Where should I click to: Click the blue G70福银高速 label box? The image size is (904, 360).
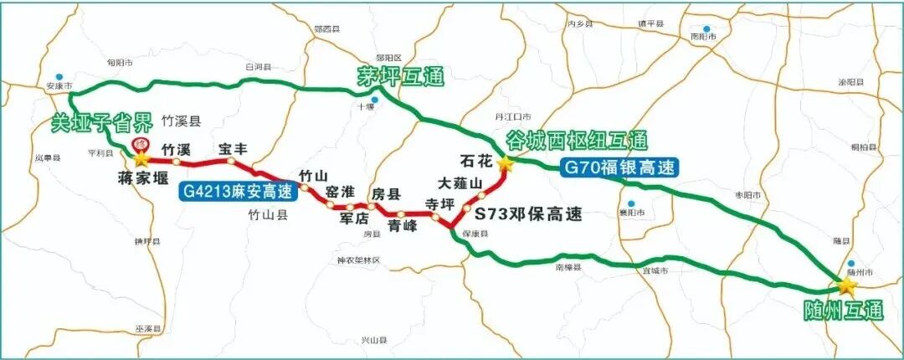pos(619,167)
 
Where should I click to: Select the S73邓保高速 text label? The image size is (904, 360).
pos(528,213)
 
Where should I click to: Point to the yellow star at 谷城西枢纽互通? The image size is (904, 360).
pos(505,163)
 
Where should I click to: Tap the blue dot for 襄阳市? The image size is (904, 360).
pos(634,202)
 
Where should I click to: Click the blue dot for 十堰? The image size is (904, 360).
pos(375,100)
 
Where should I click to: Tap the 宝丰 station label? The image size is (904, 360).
pos(232,148)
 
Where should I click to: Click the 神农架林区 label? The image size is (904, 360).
pos(358,260)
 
